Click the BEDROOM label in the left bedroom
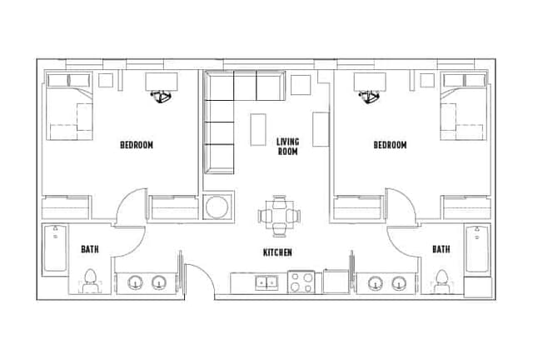(137, 145)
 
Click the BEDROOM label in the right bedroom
(390, 145)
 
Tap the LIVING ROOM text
(287, 147)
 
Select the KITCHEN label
(277, 252)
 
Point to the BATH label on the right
(441, 249)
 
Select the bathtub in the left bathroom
(54, 249)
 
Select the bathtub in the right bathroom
(477, 249)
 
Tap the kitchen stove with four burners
(301, 283)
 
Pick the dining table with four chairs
(277, 215)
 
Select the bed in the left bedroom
(68, 113)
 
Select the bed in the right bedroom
(463, 113)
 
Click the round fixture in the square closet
(217, 206)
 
